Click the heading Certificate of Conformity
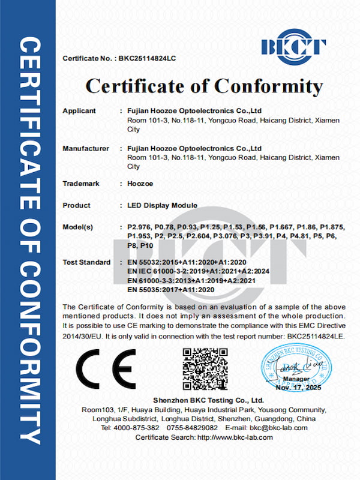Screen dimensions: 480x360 (203, 86)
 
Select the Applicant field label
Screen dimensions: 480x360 (79, 111)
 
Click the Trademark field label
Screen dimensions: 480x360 (81, 184)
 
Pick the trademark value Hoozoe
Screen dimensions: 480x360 (139, 184)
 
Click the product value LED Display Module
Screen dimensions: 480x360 (163, 206)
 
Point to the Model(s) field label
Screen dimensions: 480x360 (78, 227)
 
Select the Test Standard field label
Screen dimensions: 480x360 (86, 263)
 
